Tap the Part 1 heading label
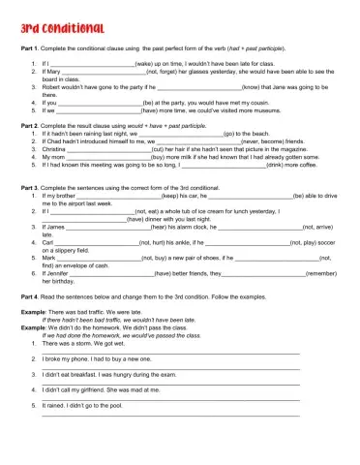point(32,46)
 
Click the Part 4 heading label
point(32,295)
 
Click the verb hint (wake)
point(138,61)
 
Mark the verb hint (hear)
point(161,227)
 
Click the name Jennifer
point(57,274)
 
